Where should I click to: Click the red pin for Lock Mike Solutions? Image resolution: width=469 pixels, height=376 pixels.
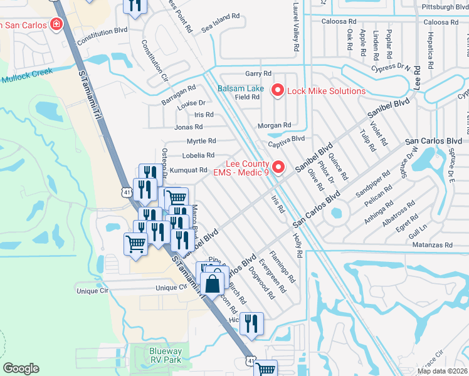coord(277,91)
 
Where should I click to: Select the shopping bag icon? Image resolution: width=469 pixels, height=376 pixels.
coord(214,283)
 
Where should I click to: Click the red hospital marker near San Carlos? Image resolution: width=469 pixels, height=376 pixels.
coord(56,24)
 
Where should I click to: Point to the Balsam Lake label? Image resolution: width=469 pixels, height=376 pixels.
coord(241,88)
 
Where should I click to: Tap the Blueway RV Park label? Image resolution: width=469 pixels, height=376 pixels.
coord(166,356)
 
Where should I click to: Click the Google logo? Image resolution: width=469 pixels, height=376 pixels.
coord(21,368)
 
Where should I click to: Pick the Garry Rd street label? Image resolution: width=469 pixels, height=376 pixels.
coord(258,73)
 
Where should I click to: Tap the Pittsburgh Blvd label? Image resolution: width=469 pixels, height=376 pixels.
coord(445,7)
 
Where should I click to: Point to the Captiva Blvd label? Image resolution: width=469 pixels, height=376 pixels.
coord(286,139)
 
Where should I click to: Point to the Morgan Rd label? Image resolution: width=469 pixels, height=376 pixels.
coord(274,125)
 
